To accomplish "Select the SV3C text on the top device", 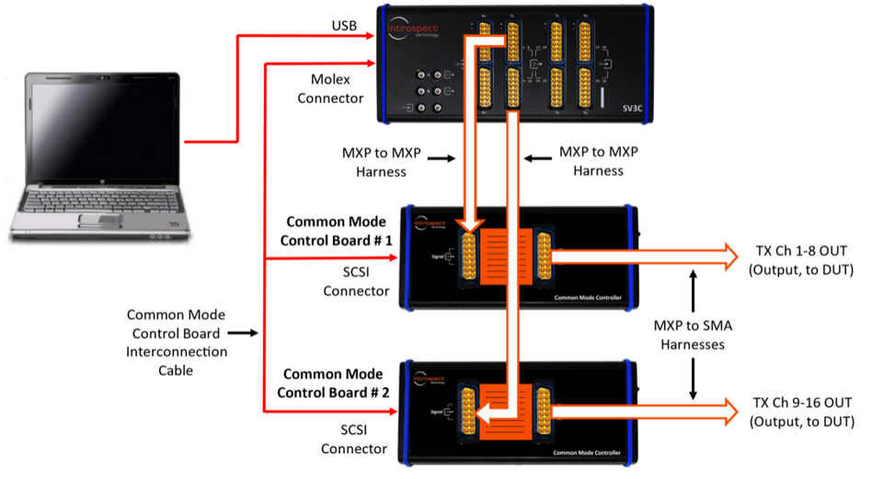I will point(608,108).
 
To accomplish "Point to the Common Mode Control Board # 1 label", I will point(336,231).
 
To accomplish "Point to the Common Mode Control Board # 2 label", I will point(336,383).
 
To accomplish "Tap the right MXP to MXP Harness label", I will point(598,161).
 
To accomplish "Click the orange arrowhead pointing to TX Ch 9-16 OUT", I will point(729,408).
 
